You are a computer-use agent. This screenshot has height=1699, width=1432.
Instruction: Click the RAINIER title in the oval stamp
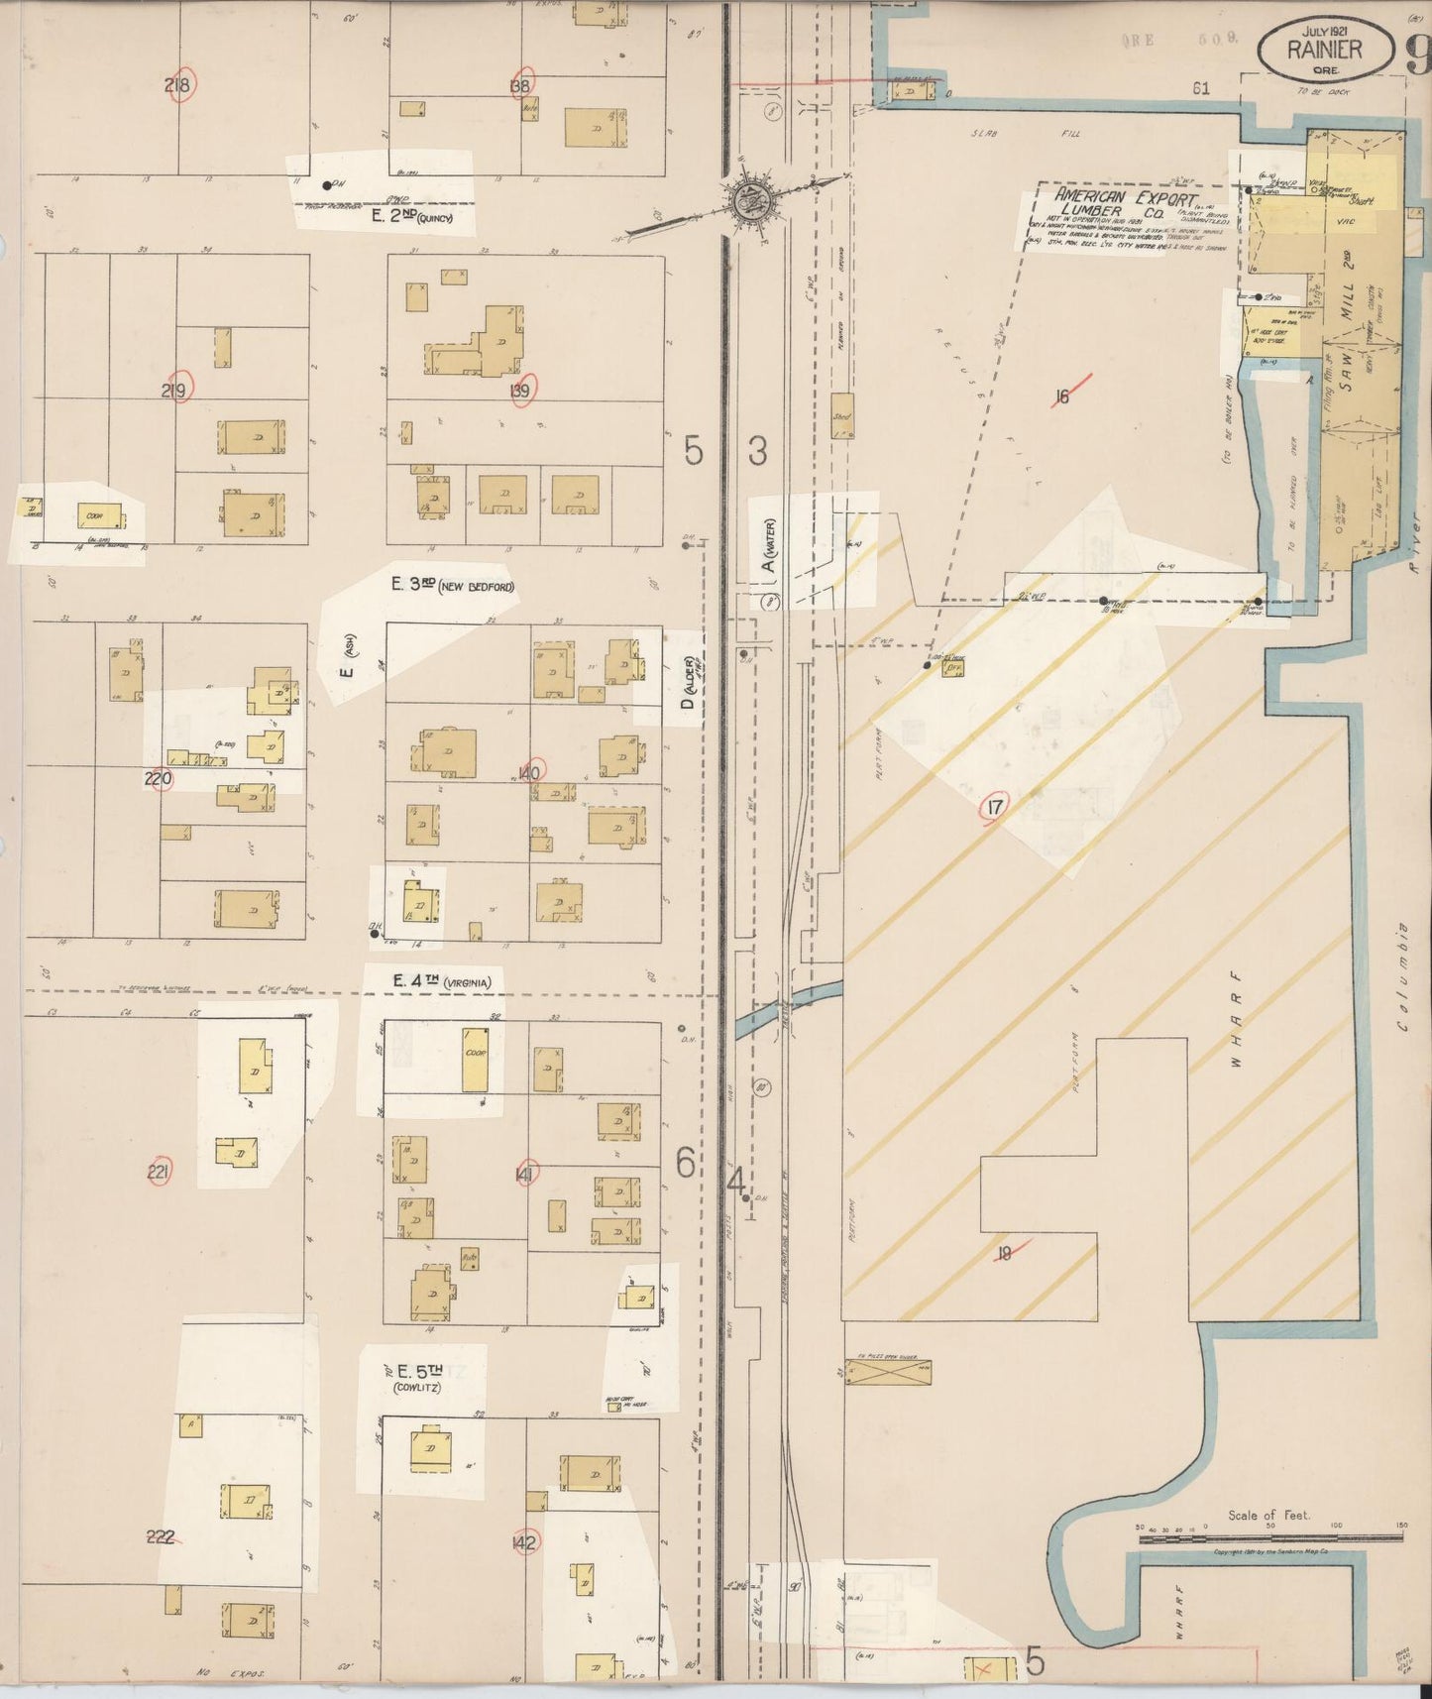pyautogui.click(x=1324, y=50)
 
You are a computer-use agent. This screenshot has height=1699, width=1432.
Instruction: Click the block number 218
pyautogui.click(x=178, y=85)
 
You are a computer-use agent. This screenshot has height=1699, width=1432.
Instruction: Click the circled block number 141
pyautogui.click(x=526, y=1175)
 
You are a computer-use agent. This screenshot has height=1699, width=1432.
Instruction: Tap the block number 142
pyautogui.click(x=524, y=1542)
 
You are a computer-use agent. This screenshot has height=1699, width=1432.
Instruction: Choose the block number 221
pyautogui.click(x=159, y=1174)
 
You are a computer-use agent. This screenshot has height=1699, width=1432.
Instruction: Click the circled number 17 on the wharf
pyautogui.click(x=994, y=808)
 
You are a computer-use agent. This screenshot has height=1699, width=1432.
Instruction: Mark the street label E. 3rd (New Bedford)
pyautogui.click(x=453, y=585)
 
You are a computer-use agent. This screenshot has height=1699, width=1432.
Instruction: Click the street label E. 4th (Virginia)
pyautogui.click(x=441, y=981)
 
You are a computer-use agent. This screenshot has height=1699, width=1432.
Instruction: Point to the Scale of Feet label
pyautogui.click(x=1267, y=1515)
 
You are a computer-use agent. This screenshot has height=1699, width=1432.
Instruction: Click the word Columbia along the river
pyautogui.click(x=1403, y=976)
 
